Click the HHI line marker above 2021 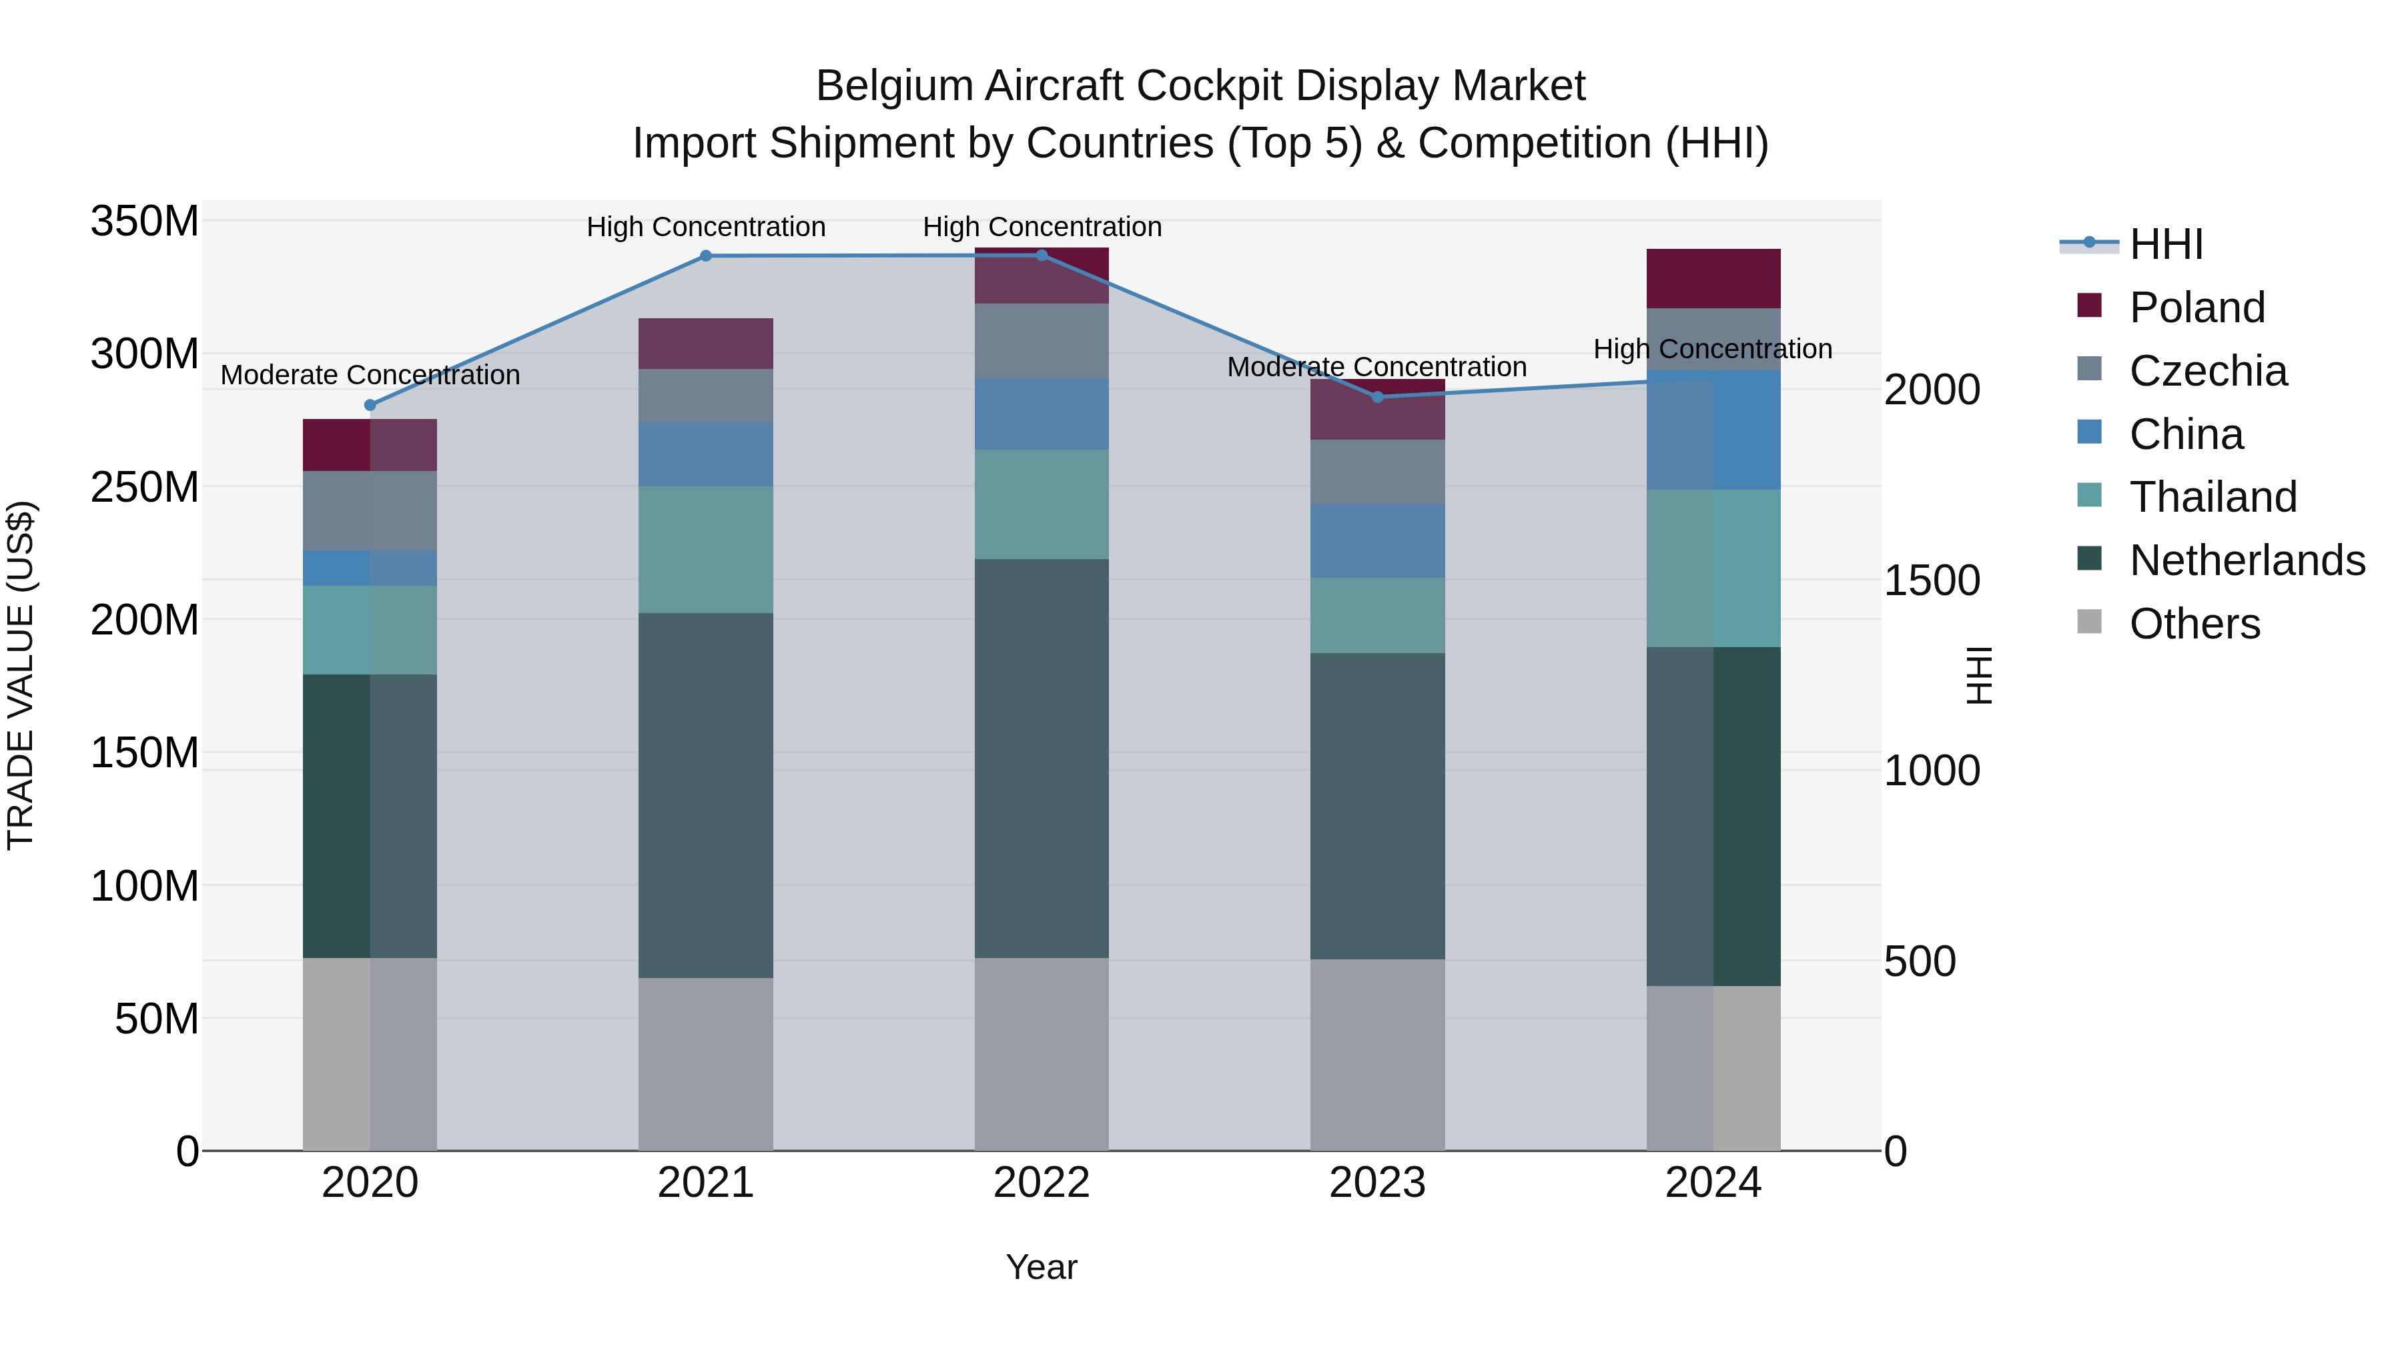tap(706, 256)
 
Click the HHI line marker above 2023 tap(1377, 397)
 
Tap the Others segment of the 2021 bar tap(706, 1064)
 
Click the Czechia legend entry tap(2207, 371)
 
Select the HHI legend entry tap(2166, 244)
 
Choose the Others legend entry tap(2194, 624)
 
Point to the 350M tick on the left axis tap(145, 222)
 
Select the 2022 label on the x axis tap(1042, 1183)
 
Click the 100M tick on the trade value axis tap(145, 886)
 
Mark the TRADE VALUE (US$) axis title tap(21, 675)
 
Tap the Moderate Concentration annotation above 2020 tap(370, 375)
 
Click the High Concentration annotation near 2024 tap(1713, 349)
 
